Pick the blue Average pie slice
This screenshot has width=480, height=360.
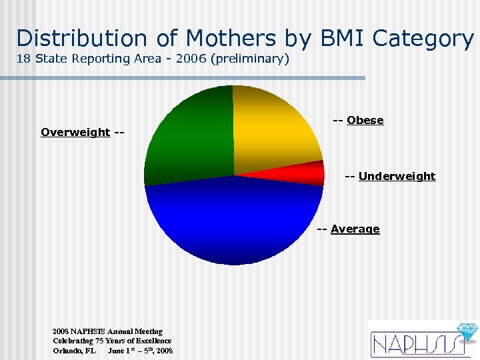pyautogui.click(x=233, y=220)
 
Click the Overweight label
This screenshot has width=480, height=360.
pyautogui.click(x=75, y=132)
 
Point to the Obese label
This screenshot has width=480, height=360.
pyautogui.click(x=365, y=120)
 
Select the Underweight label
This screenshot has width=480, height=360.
pyautogui.click(x=397, y=176)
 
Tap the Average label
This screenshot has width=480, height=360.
pyautogui.click(x=355, y=229)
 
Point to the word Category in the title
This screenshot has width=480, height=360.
pyautogui.click(x=424, y=38)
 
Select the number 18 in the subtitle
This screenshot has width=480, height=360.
pyautogui.click(x=23, y=59)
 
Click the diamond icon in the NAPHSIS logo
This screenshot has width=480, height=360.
pyautogui.click(x=466, y=332)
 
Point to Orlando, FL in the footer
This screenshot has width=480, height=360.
pyautogui.click(x=75, y=350)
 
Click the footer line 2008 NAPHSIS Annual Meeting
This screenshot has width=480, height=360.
pyautogui.click(x=107, y=331)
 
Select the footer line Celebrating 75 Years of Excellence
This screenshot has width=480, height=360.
pyautogui.click(x=112, y=340)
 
